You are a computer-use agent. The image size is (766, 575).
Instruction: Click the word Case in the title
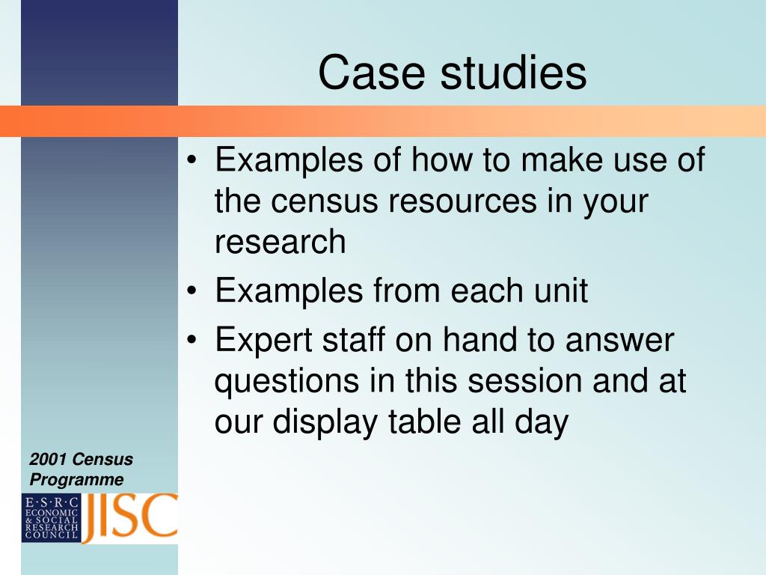click(371, 73)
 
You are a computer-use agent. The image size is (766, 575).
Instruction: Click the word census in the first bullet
click(325, 201)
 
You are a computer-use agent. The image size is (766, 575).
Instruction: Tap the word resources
click(462, 201)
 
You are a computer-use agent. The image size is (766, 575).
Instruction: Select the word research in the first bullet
click(281, 242)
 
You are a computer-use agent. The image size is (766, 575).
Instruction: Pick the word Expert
click(264, 341)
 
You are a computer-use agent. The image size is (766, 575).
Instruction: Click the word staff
click(353, 339)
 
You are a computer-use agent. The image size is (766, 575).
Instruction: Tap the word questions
click(287, 383)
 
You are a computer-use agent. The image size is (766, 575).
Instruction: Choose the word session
click(525, 381)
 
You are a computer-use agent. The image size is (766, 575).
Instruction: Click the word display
click(325, 422)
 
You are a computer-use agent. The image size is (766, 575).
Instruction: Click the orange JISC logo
click(129, 517)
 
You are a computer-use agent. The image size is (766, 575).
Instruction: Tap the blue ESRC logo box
click(51, 518)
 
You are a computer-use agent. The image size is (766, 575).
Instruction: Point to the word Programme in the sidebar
click(77, 480)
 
